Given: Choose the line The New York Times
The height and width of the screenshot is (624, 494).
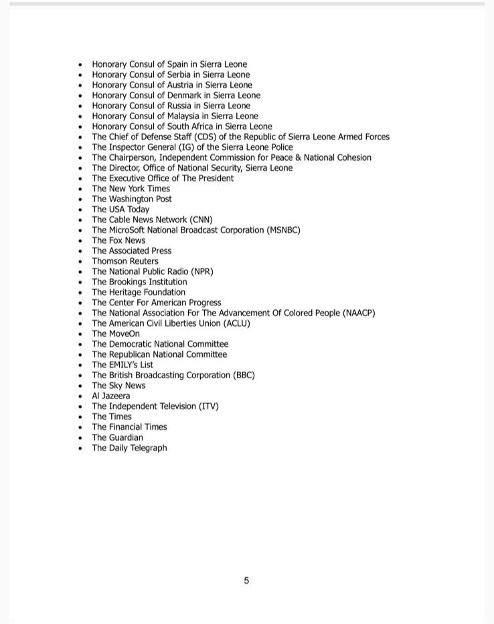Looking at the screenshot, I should point(131,189).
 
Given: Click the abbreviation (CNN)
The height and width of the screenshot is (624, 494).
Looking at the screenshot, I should point(201,220).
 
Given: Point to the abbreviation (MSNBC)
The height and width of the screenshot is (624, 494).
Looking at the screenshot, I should point(283,230).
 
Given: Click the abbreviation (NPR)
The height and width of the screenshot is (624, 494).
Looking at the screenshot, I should point(201,272).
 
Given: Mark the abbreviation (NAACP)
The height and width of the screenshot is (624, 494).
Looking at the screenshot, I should point(358,313).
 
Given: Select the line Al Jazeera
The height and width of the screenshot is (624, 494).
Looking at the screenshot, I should point(111,396).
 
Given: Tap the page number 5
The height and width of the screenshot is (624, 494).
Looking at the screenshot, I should point(246,580).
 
